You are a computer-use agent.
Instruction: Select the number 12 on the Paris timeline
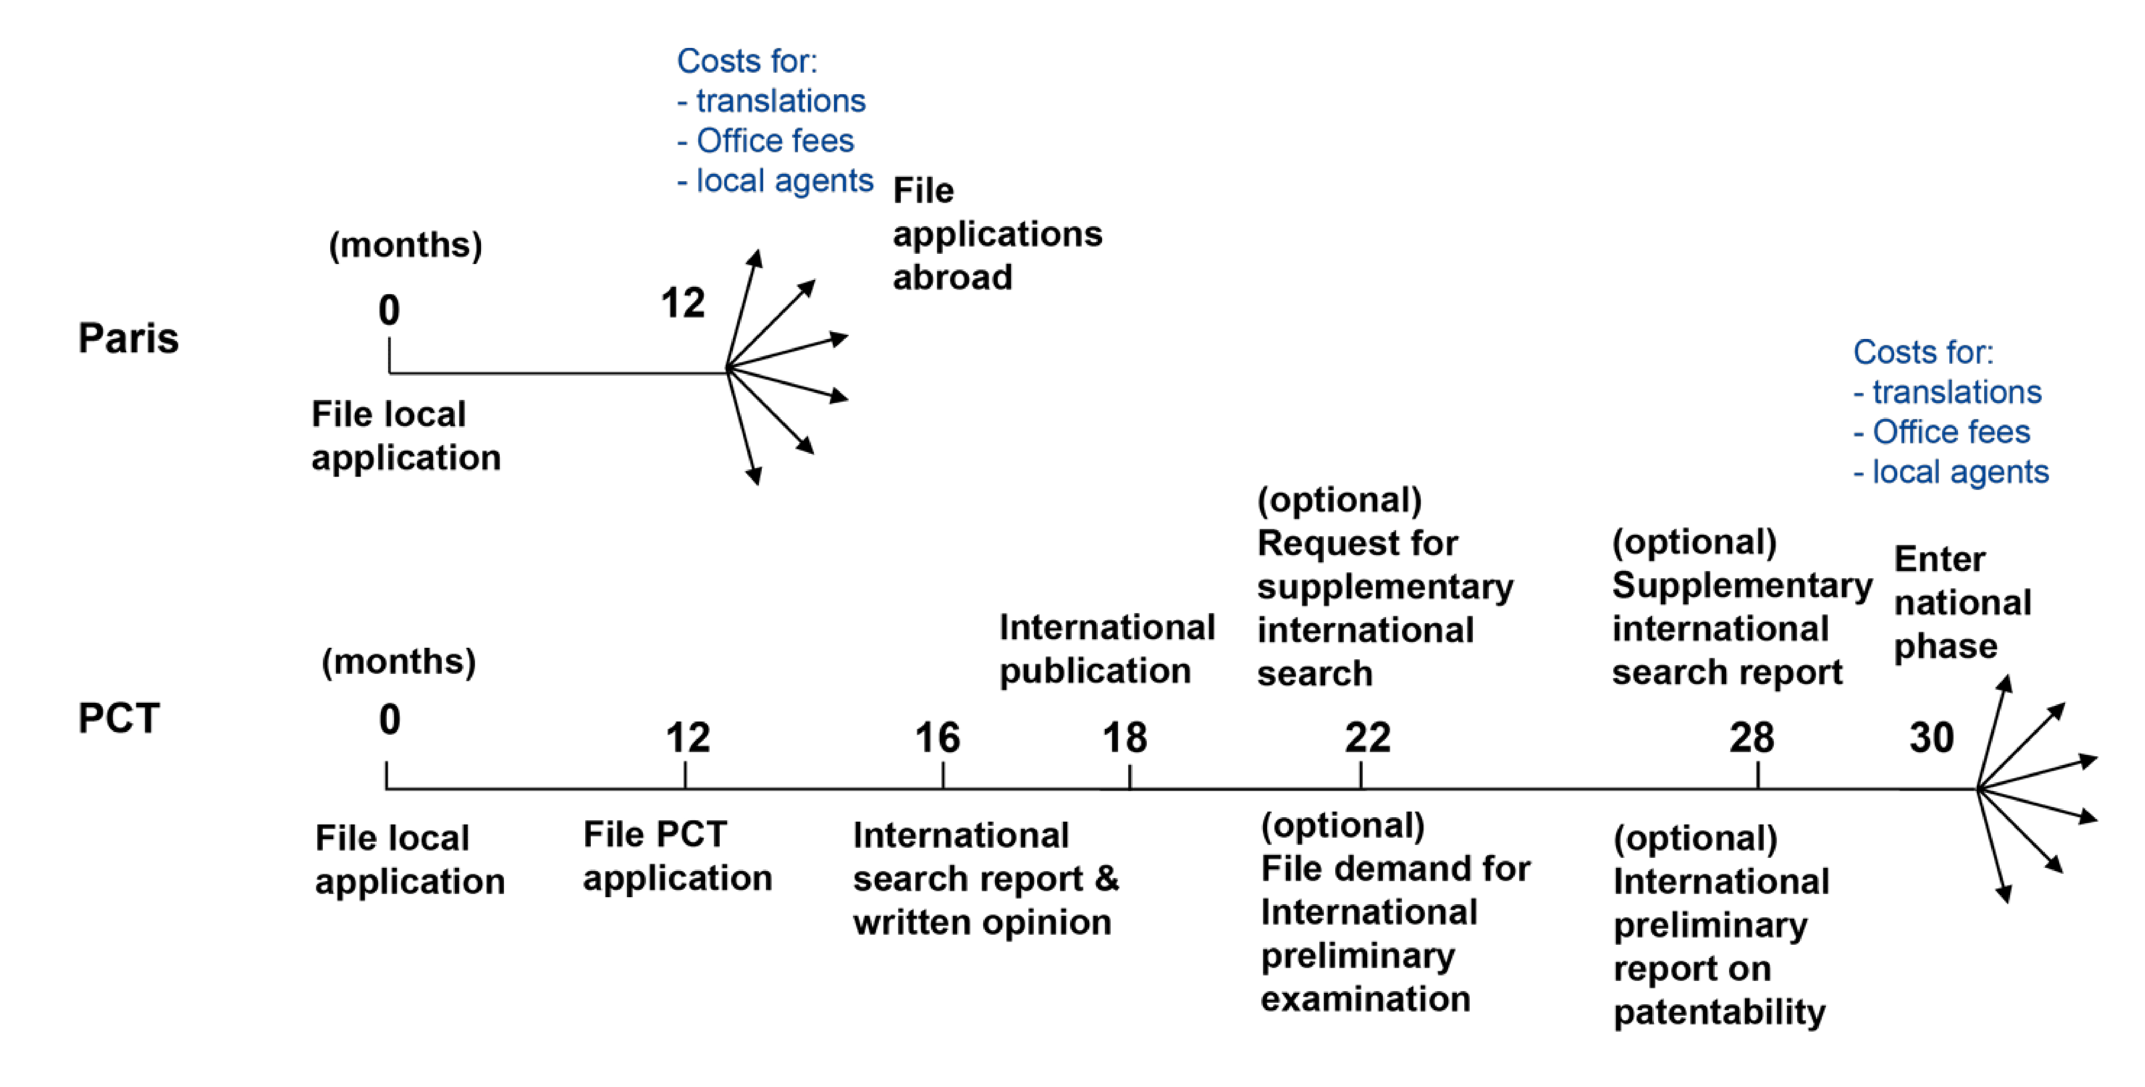click(x=683, y=303)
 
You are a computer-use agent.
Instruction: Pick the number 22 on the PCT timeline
click(x=1367, y=738)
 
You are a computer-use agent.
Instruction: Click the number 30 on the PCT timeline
click(x=1931, y=738)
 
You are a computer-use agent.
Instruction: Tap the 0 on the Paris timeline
click(x=389, y=311)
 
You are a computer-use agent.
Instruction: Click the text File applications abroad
click(x=997, y=234)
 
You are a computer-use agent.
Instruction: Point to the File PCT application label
click(x=677, y=856)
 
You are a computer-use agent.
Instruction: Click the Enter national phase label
click(x=1962, y=602)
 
